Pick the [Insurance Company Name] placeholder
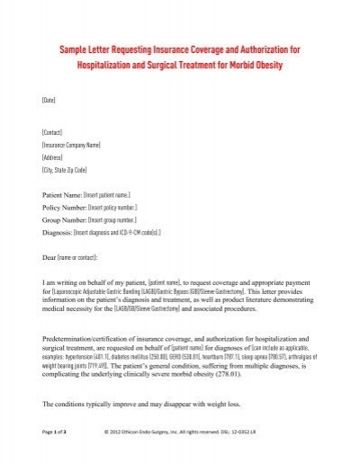(x=73, y=143)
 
